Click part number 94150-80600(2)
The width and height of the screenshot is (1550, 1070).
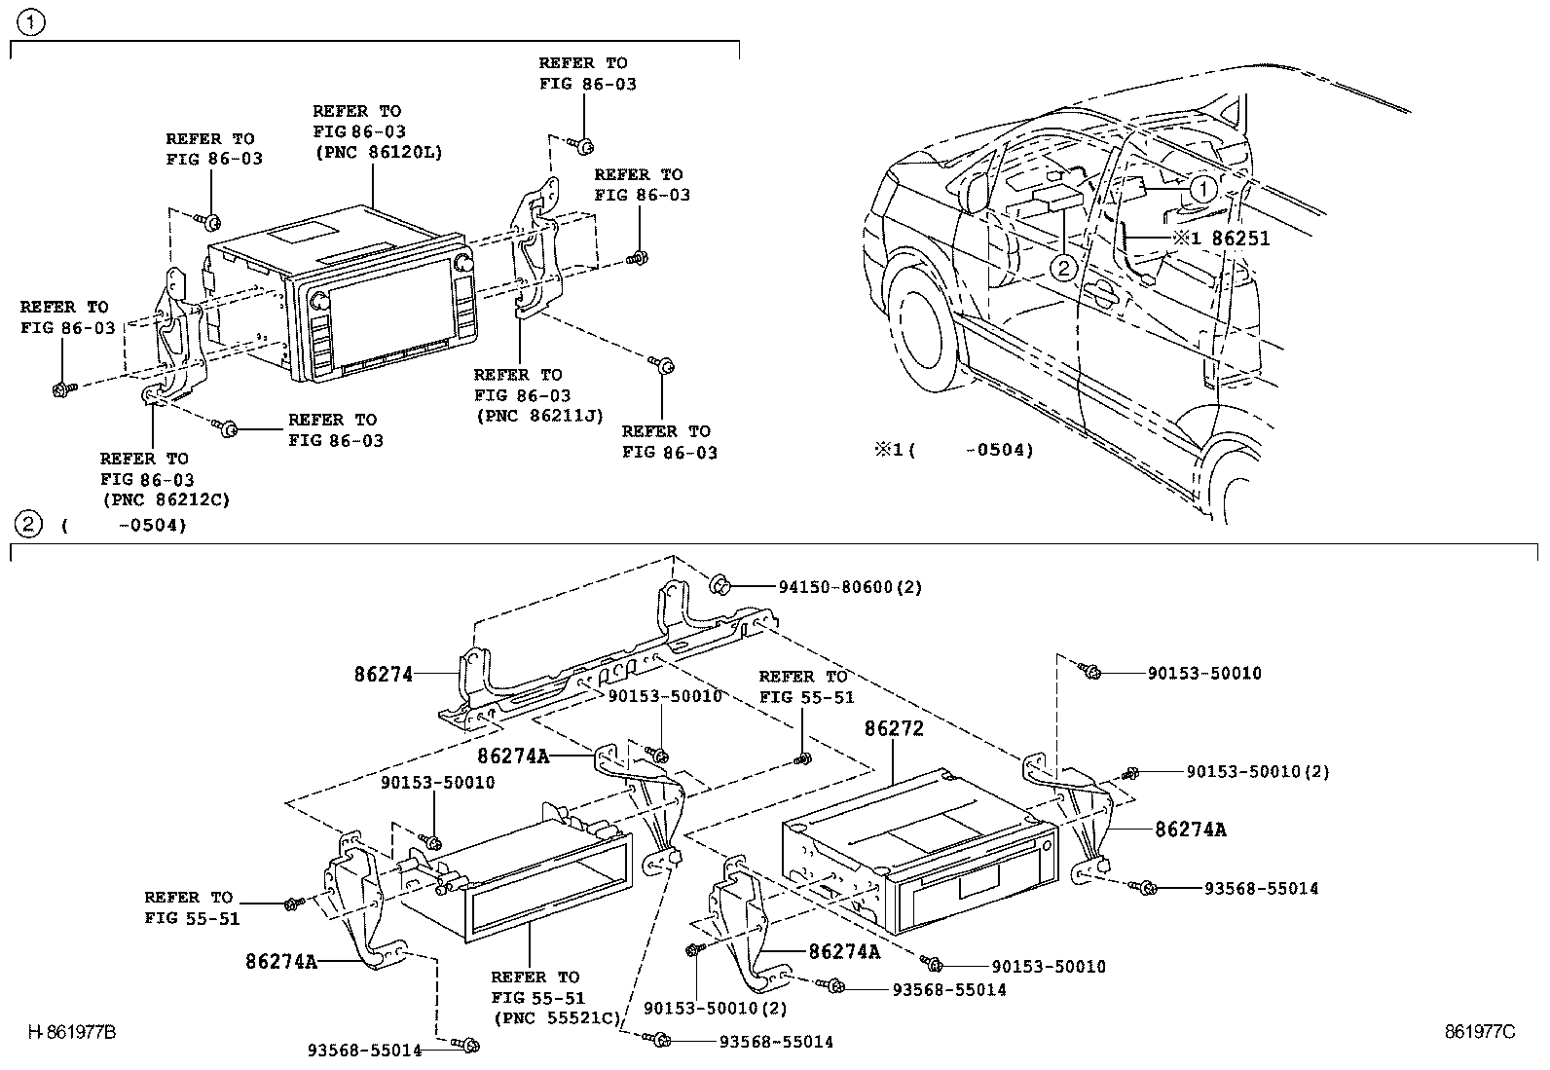(850, 587)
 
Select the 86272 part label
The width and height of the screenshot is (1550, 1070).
(894, 728)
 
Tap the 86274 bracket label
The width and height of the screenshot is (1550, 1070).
(384, 673)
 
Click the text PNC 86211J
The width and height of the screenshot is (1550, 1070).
(539, 416)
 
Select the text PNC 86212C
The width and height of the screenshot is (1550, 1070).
(166, 499)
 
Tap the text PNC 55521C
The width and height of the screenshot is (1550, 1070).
(557, 1018)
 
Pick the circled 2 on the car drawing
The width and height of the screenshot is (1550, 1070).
(1064, 268)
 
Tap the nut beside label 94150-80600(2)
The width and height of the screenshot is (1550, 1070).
(722, 584)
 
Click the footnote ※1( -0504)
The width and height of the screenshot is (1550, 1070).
(953, 450)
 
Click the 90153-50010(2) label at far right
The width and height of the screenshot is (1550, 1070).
(1258, 771)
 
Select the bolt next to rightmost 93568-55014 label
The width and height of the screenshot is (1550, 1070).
(1147, 887)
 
